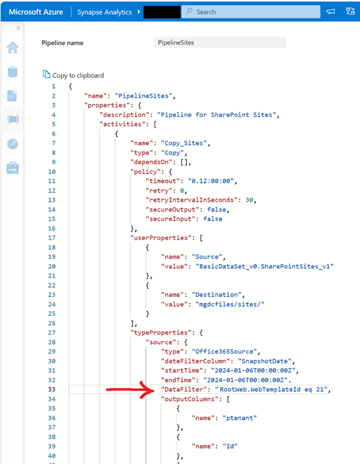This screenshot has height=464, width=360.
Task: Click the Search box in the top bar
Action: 251,12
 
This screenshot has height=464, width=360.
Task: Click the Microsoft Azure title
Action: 36,12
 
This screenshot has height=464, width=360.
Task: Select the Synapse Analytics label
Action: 104,12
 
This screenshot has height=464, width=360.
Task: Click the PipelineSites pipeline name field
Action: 220,42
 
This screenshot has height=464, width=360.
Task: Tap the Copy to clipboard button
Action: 73,75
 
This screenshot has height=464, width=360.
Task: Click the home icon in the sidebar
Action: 13,47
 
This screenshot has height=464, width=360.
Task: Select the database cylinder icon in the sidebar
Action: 13,72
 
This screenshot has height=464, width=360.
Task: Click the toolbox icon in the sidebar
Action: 13,168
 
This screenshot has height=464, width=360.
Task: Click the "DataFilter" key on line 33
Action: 184,390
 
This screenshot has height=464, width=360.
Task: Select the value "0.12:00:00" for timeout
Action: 210,181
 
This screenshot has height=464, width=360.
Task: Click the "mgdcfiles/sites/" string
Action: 230,304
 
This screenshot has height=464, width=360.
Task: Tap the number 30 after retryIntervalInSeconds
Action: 249,200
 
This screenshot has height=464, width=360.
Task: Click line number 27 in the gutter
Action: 52,333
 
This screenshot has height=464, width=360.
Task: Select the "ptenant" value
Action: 240,418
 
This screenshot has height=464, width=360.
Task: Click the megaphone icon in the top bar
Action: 331,11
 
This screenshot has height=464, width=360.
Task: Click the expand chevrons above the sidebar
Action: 18,28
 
